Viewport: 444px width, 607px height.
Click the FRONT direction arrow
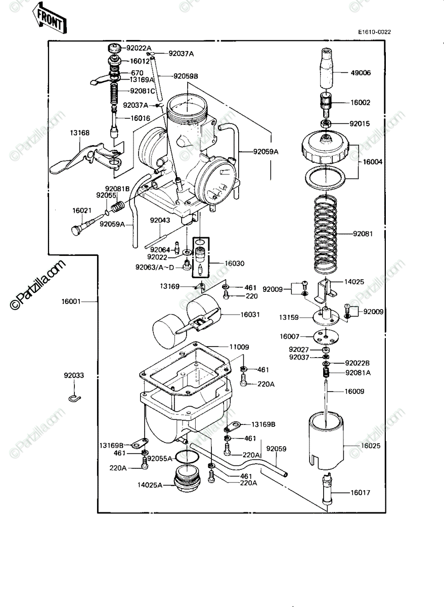point(49,18)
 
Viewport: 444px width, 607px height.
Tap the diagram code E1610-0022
point(375,32)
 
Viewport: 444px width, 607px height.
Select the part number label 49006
point(361,73)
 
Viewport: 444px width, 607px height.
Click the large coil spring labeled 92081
point(325,234)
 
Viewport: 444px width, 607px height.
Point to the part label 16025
point(371,446)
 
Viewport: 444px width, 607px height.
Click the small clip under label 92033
point(74,398)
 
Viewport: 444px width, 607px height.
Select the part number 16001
point(71,301)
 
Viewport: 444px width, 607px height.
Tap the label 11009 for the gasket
point(239,347)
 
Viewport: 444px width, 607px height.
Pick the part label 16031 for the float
point(250,315)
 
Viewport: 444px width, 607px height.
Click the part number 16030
point(235,264)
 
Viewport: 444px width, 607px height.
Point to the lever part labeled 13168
point(85,159)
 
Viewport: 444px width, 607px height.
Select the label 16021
point(82,210)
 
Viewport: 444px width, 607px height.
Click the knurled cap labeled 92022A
point(115,49)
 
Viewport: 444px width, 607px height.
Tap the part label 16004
point(373,162)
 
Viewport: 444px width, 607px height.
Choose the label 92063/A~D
point(155,268)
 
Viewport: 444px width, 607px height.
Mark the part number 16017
point(360,493)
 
